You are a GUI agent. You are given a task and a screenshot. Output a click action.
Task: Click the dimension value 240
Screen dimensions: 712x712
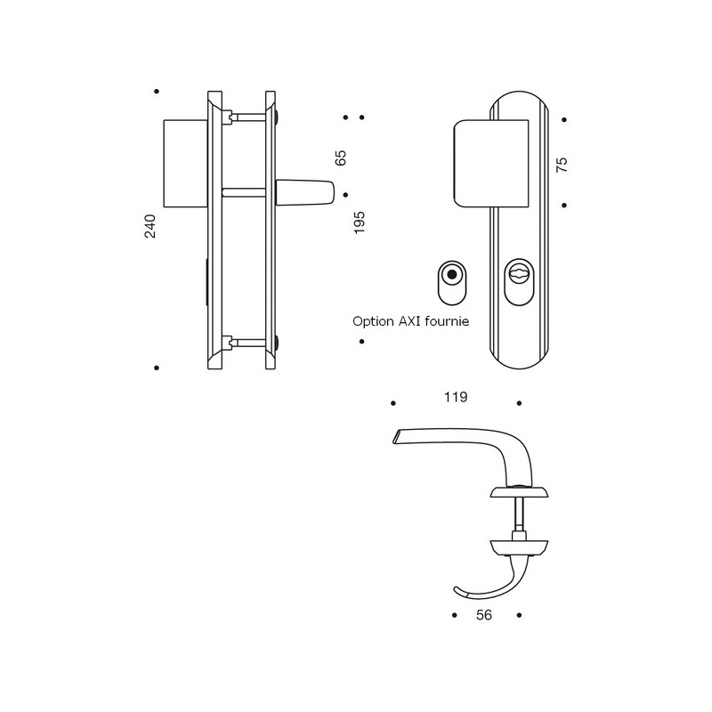150,227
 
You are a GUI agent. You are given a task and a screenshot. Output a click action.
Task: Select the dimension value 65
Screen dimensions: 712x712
340,158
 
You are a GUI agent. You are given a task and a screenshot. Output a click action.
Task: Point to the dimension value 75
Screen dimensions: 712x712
562,164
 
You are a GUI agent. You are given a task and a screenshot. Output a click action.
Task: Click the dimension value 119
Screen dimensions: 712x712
455,397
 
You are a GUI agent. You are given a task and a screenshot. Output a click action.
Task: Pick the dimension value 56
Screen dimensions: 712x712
485,614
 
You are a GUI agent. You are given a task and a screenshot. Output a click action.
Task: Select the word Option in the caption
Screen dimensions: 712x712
373,321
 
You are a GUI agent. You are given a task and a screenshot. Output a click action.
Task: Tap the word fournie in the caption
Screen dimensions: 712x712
449,321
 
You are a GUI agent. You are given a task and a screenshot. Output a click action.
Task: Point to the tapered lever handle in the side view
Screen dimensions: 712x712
305,192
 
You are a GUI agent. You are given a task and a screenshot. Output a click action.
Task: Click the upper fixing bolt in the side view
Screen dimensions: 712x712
254,116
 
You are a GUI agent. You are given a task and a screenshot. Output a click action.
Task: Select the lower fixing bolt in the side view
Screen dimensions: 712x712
254,340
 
